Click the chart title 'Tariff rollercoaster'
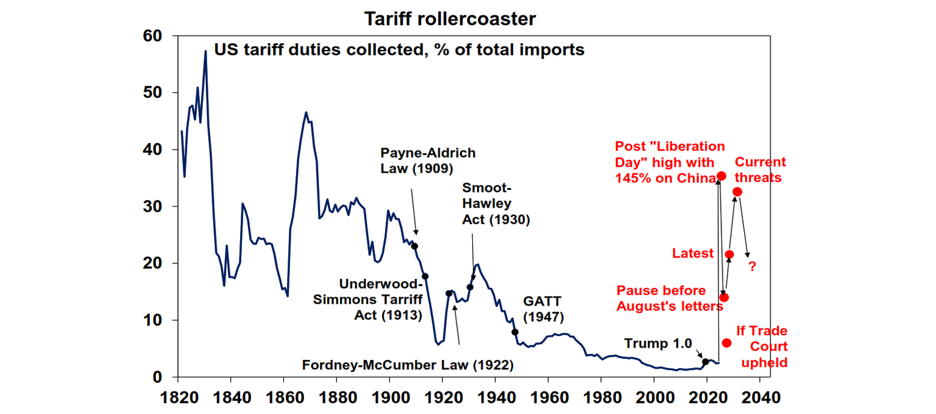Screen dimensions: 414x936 [x=450, y=19]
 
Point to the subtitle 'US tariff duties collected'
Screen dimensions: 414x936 [x=399, y=49]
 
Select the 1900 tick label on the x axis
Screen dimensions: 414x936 [x=389, y=399]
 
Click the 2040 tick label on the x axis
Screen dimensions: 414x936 [x=759, y=399]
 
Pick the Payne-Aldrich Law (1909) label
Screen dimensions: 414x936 [x=428, y=160]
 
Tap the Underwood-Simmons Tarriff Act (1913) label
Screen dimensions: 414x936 [x=380, y=300]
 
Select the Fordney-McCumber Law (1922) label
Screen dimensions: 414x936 [x=408, y=365]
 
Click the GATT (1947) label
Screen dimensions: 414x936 [x=544, y=309]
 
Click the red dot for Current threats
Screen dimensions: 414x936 [x=737, y=192]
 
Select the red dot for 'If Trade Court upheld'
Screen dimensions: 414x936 [x=726, y=343]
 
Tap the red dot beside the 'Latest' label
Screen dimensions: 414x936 [x=729, y=254]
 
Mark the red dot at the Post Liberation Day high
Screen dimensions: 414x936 [x=721, y=176]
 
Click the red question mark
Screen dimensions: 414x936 [x=752, y=267]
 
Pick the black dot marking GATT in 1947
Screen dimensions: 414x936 [x=515, y=332]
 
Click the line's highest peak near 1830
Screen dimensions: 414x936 [x=205, y=51]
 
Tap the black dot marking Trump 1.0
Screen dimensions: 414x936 [x=706, y=362]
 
